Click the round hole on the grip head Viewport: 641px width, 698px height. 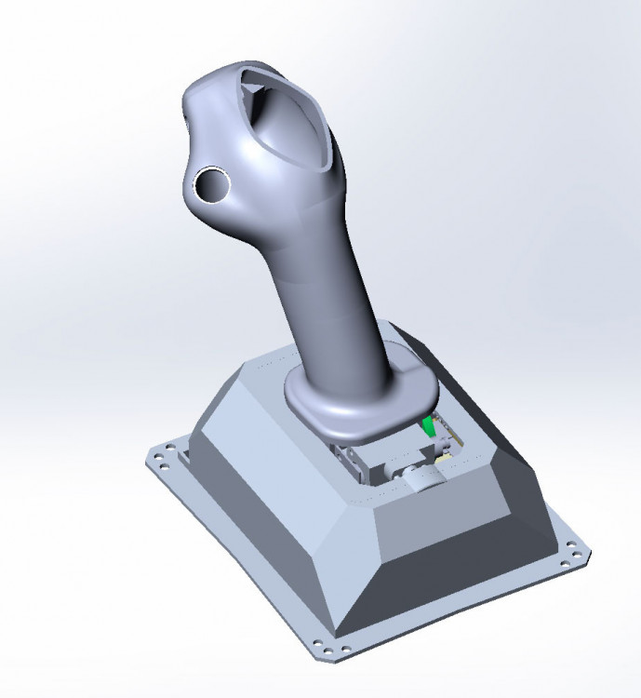(x=212, y=185)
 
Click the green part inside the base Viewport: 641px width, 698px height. (x=429, y=426)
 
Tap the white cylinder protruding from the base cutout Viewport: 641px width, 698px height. (x=424, y=478)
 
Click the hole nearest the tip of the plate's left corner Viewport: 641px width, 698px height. (x=155, y=458)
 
